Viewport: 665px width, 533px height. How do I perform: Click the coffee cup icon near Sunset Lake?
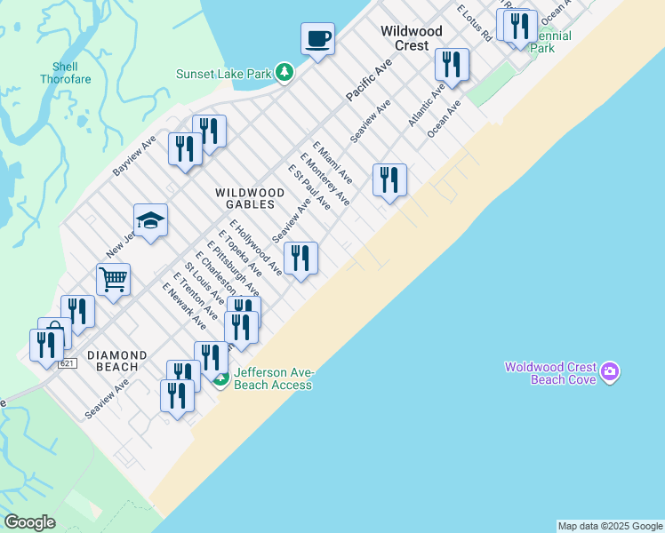click(317, 38)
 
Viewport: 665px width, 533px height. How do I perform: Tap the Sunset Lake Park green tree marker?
click(284, 72)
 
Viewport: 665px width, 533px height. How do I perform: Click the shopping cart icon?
click(113, 281)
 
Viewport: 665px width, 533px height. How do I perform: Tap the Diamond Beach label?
click(112, 360)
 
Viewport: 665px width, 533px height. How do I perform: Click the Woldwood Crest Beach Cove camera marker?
click(609, 371)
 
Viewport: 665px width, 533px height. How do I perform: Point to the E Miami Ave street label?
click(332, 162)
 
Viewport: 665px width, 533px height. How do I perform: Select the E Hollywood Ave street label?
click(255, 247)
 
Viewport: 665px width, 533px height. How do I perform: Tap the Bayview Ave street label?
click(134, 155)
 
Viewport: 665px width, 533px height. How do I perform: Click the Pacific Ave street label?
click(369, 80)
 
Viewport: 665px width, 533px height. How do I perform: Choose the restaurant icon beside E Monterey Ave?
click(389, 180)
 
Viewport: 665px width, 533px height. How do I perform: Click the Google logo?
click(29, 522)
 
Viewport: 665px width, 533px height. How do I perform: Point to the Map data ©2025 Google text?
click(610, 526)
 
